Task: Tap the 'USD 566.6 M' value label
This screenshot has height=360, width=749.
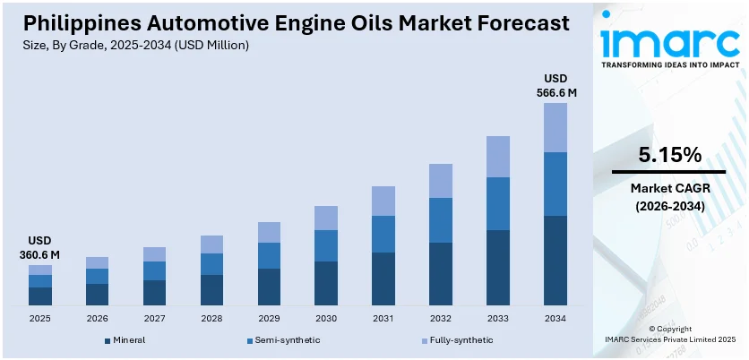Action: click(x=555, y=84)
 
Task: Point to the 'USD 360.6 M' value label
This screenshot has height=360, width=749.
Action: click(x=39, y=249)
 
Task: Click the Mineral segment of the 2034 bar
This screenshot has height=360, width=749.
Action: click(x=555, y=261)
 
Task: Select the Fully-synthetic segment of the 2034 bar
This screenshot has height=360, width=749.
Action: click(x=555, y=127)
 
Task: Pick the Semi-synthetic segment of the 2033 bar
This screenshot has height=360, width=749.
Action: click(x=498, y=203)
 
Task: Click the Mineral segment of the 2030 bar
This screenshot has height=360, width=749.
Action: click(x=326, y=283)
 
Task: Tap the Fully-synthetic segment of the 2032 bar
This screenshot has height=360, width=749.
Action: click(x=441, y=181)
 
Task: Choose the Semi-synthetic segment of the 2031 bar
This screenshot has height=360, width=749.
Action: click(x=383, y=234)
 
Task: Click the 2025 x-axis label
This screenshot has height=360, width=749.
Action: click(x=39, y=318)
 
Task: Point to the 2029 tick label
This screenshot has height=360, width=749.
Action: click(x=269, y=318)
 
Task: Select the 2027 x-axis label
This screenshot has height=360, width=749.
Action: click(x=154, y=318)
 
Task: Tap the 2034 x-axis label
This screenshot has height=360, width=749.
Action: click(x=555, y=318)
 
